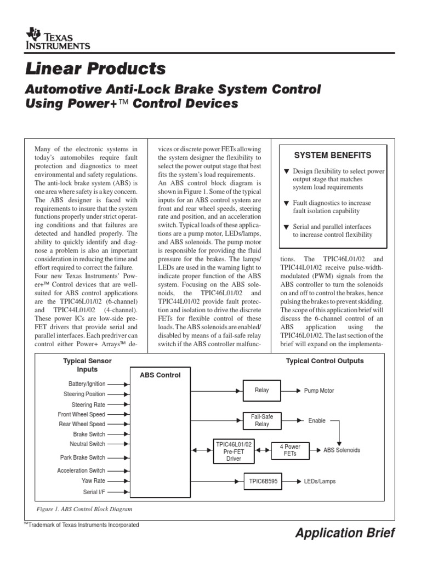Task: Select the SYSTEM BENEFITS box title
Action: click(x=333, y=155)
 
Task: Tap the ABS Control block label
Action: click(x=160, y=375)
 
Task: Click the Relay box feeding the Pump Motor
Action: click(x=261, y=390)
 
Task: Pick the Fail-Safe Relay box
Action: click(x=261, y=421)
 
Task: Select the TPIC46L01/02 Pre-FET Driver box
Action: click(x=234, y=450)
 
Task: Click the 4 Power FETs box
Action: click(x=290, y=450)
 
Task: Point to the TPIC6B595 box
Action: click(x=261, y=482)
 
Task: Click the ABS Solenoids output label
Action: click(x=342, y=450)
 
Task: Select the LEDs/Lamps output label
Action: click(x=320, y=482)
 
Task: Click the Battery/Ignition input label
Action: click(x=87, y=384)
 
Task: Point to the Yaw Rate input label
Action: click(x=94, y=480)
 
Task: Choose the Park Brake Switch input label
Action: click(x=82, y=457)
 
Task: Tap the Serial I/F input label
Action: click(x=94, y=491)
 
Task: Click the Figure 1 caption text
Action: click(x=84, y=509)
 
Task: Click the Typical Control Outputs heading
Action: click(x=325, y=361)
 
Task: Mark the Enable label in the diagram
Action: click(x=316, y=421)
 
